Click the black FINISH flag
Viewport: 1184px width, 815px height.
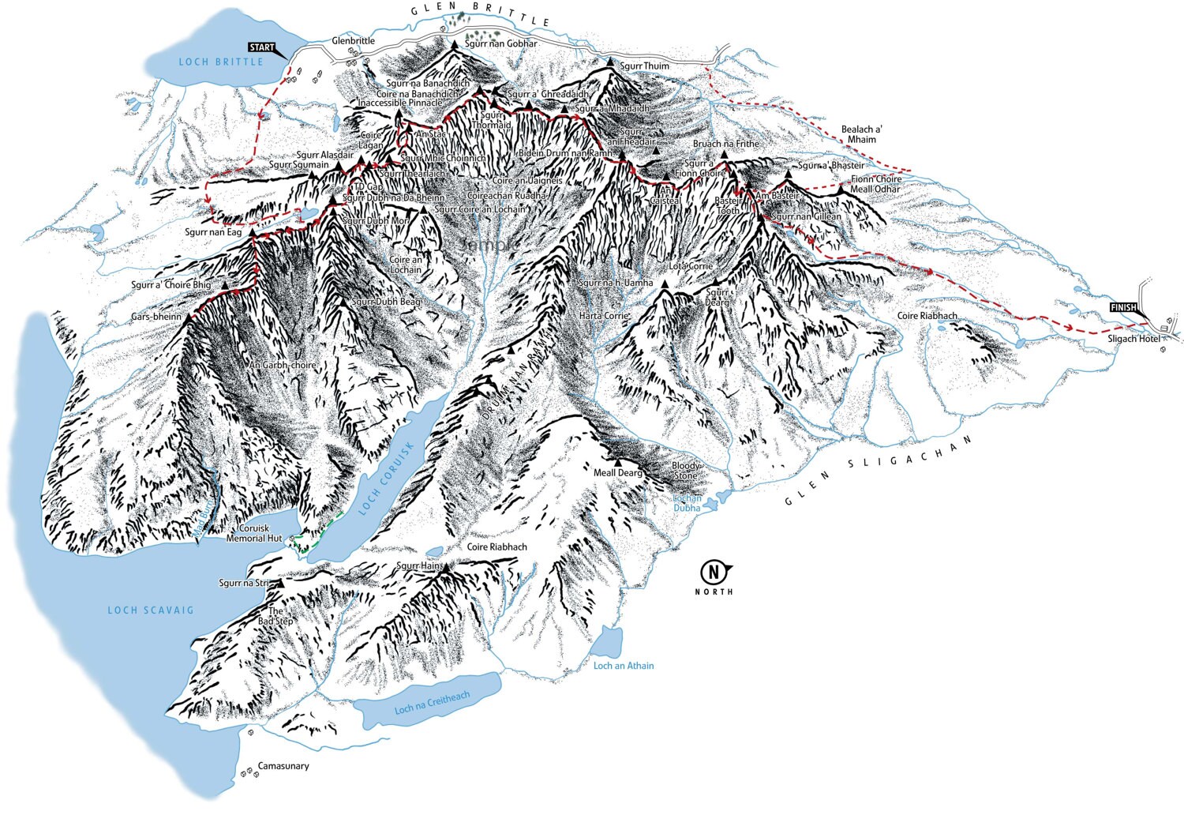tap(1125, 308)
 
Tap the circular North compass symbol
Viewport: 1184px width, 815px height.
tap(714, 571)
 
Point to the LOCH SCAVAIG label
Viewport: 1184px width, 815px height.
tap(150, 610)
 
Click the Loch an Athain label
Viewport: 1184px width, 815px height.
tap(623, 666)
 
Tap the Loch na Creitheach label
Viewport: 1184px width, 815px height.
tap(432, 702)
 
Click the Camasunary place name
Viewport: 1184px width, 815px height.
tap(283, 766)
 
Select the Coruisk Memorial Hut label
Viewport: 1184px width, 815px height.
tap(253, 533)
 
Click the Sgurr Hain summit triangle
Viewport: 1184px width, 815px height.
tap(446, 568)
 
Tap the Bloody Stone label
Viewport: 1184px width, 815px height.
tap(685, 471)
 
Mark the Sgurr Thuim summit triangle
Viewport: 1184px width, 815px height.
tap(610, 62)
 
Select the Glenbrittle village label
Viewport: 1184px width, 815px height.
tap(353, 41)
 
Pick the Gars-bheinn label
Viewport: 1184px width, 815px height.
tap(157, 316)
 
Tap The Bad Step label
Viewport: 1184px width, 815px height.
tap(275, 616)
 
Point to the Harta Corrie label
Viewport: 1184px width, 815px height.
tap(604, 315)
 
